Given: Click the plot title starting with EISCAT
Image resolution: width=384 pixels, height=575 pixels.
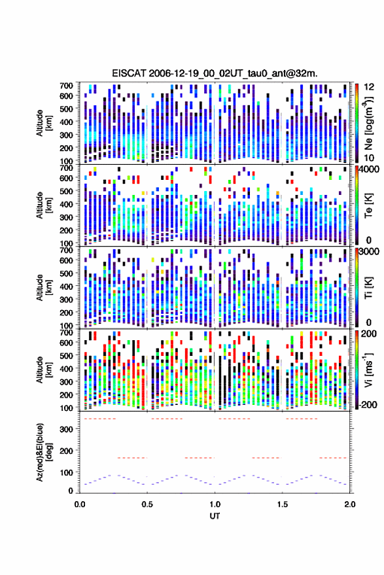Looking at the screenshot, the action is [215, 73].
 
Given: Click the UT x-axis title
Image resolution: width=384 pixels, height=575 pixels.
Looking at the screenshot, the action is [215, 516].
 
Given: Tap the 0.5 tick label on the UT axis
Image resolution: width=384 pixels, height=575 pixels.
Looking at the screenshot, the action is [147, 504].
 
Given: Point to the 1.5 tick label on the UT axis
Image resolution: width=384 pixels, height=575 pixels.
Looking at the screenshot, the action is [282, 504].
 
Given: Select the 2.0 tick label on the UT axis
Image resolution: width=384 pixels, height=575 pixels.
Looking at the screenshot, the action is [349, 504].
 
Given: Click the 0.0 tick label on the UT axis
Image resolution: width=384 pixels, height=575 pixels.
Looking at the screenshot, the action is [80, 504].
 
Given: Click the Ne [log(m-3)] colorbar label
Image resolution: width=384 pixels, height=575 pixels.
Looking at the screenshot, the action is [368, 123].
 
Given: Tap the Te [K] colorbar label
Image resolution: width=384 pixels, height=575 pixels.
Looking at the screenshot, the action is [368, 205].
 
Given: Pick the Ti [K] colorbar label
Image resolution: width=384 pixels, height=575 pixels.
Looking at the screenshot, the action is [368, 288].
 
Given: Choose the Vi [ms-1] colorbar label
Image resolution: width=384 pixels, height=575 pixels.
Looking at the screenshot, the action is [368, 370].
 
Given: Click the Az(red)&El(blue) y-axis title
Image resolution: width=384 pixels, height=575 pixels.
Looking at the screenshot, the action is [44, 453].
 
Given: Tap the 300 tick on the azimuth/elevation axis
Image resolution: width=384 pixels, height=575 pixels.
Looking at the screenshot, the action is [66, 429].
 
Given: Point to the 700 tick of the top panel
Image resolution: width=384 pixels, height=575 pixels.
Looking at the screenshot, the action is [66, 86].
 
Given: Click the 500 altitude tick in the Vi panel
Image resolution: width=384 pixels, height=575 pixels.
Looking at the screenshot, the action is [66, 355].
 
